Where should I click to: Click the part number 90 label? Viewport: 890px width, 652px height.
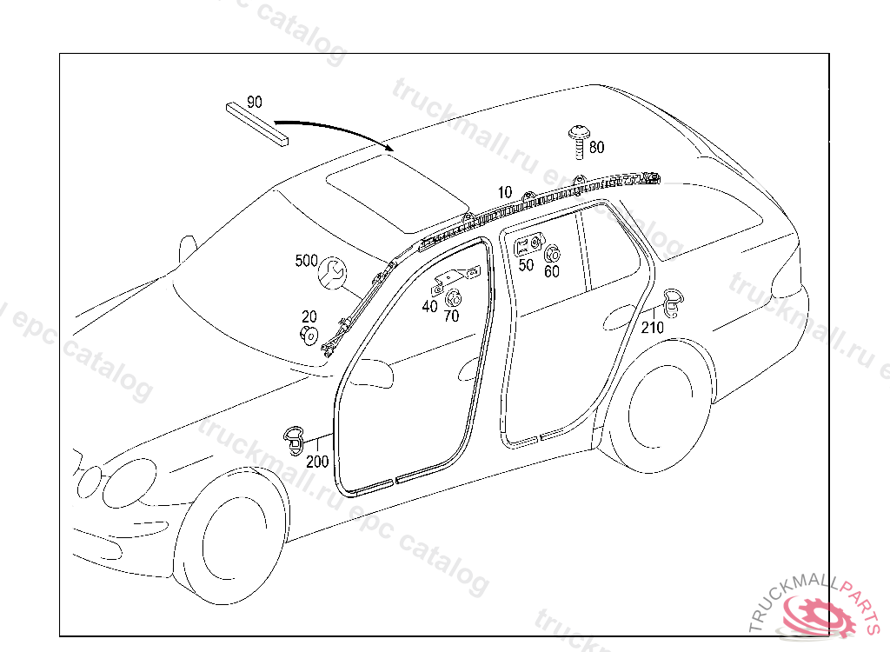[254, 102]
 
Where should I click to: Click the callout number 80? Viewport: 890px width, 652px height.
[597, 148]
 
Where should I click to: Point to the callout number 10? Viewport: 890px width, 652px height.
[505, 192]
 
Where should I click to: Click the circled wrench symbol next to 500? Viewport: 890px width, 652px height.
[333, 272]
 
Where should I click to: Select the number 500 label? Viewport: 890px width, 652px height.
[307, 260]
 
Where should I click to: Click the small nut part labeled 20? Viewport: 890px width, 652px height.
[309, 336]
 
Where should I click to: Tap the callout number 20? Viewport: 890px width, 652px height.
[309, 316]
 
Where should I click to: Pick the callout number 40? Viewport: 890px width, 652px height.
[430, 306]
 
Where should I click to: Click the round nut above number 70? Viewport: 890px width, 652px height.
[452, 298]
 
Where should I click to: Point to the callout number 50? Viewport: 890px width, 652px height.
[526, 265]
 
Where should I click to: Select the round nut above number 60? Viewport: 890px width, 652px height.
[552, 254]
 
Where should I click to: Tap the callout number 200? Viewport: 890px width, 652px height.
[318, 462]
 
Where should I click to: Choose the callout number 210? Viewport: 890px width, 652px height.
[652, 328]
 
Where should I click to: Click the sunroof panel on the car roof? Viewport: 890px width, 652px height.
[382, 193]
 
